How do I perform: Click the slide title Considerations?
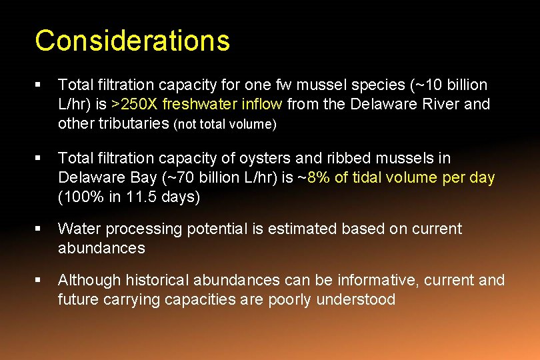[132, 41]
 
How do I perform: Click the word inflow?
[265, 105]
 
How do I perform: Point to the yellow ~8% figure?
[311, 178]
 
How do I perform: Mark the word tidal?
[361, 178]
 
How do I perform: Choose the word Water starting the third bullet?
[77, 229]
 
